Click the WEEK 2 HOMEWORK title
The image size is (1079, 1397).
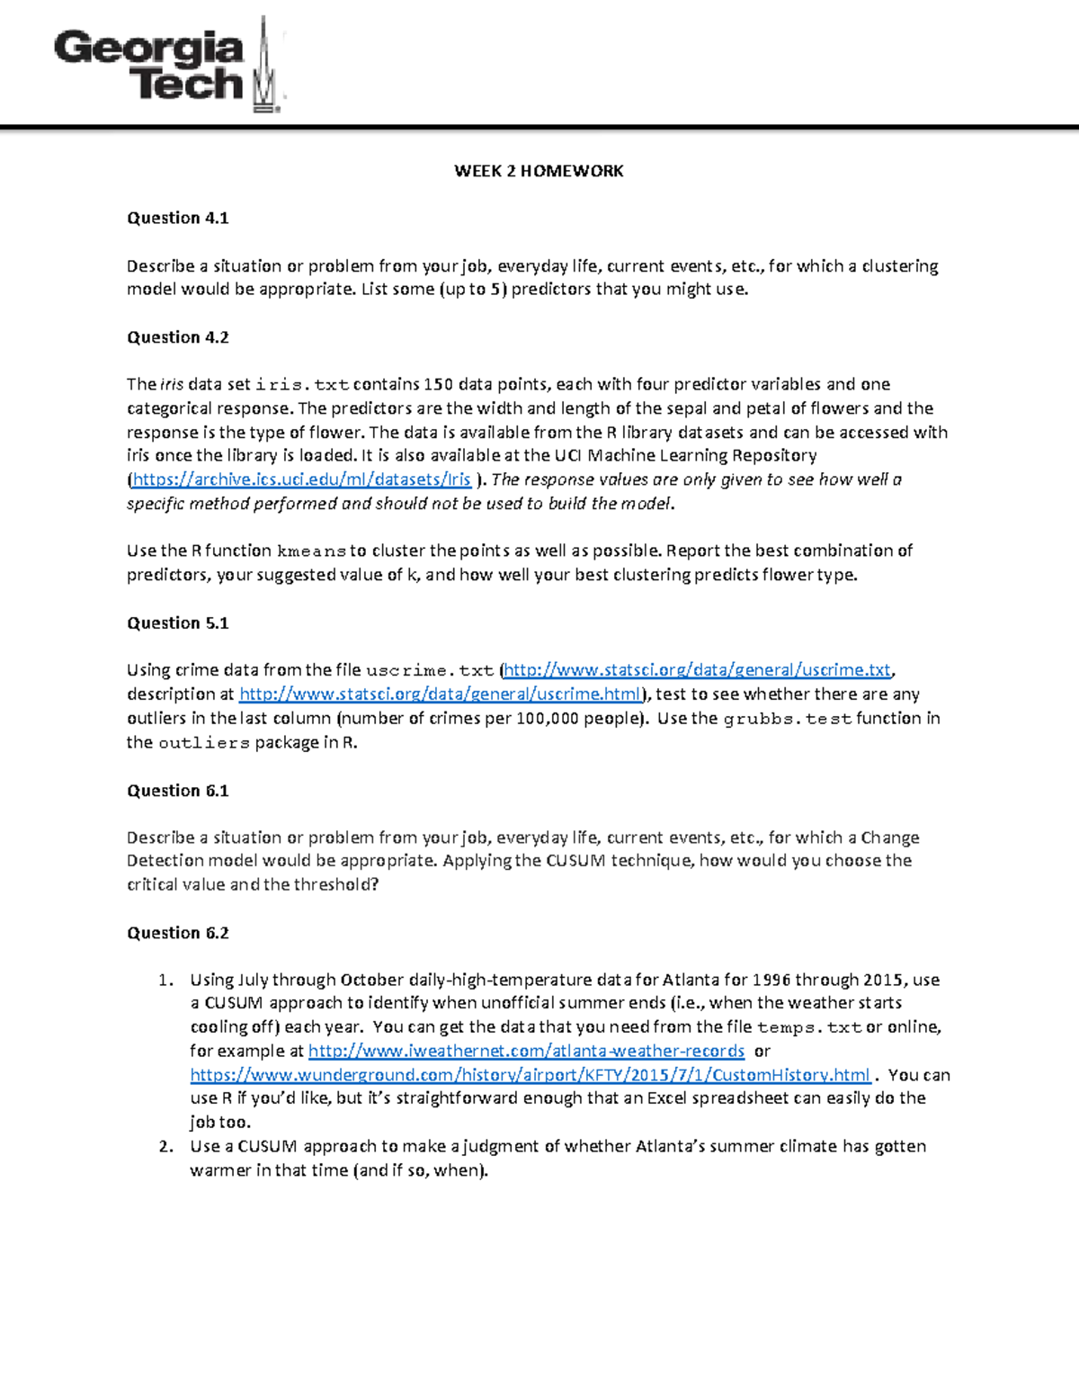[538, 171]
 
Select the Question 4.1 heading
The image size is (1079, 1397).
[177, 218]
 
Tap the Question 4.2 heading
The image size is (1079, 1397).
[177, 337]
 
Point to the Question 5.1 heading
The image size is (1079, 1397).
[177, 622]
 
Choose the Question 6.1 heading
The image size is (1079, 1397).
[177, 791]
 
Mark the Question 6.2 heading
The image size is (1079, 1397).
[177, 933]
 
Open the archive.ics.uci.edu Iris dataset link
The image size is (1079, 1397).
[301, 479]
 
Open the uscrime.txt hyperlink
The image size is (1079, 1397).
[697, 670]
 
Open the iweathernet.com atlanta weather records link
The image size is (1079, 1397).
[526, 1051]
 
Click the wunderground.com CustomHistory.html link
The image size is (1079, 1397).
[530, 1075]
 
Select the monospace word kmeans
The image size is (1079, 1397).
[311, 551]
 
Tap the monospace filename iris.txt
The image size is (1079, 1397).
[302, 385]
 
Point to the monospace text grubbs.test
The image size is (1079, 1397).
[787, 719]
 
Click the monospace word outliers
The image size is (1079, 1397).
[204, 743]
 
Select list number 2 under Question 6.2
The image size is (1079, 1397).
[165, 1146]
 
